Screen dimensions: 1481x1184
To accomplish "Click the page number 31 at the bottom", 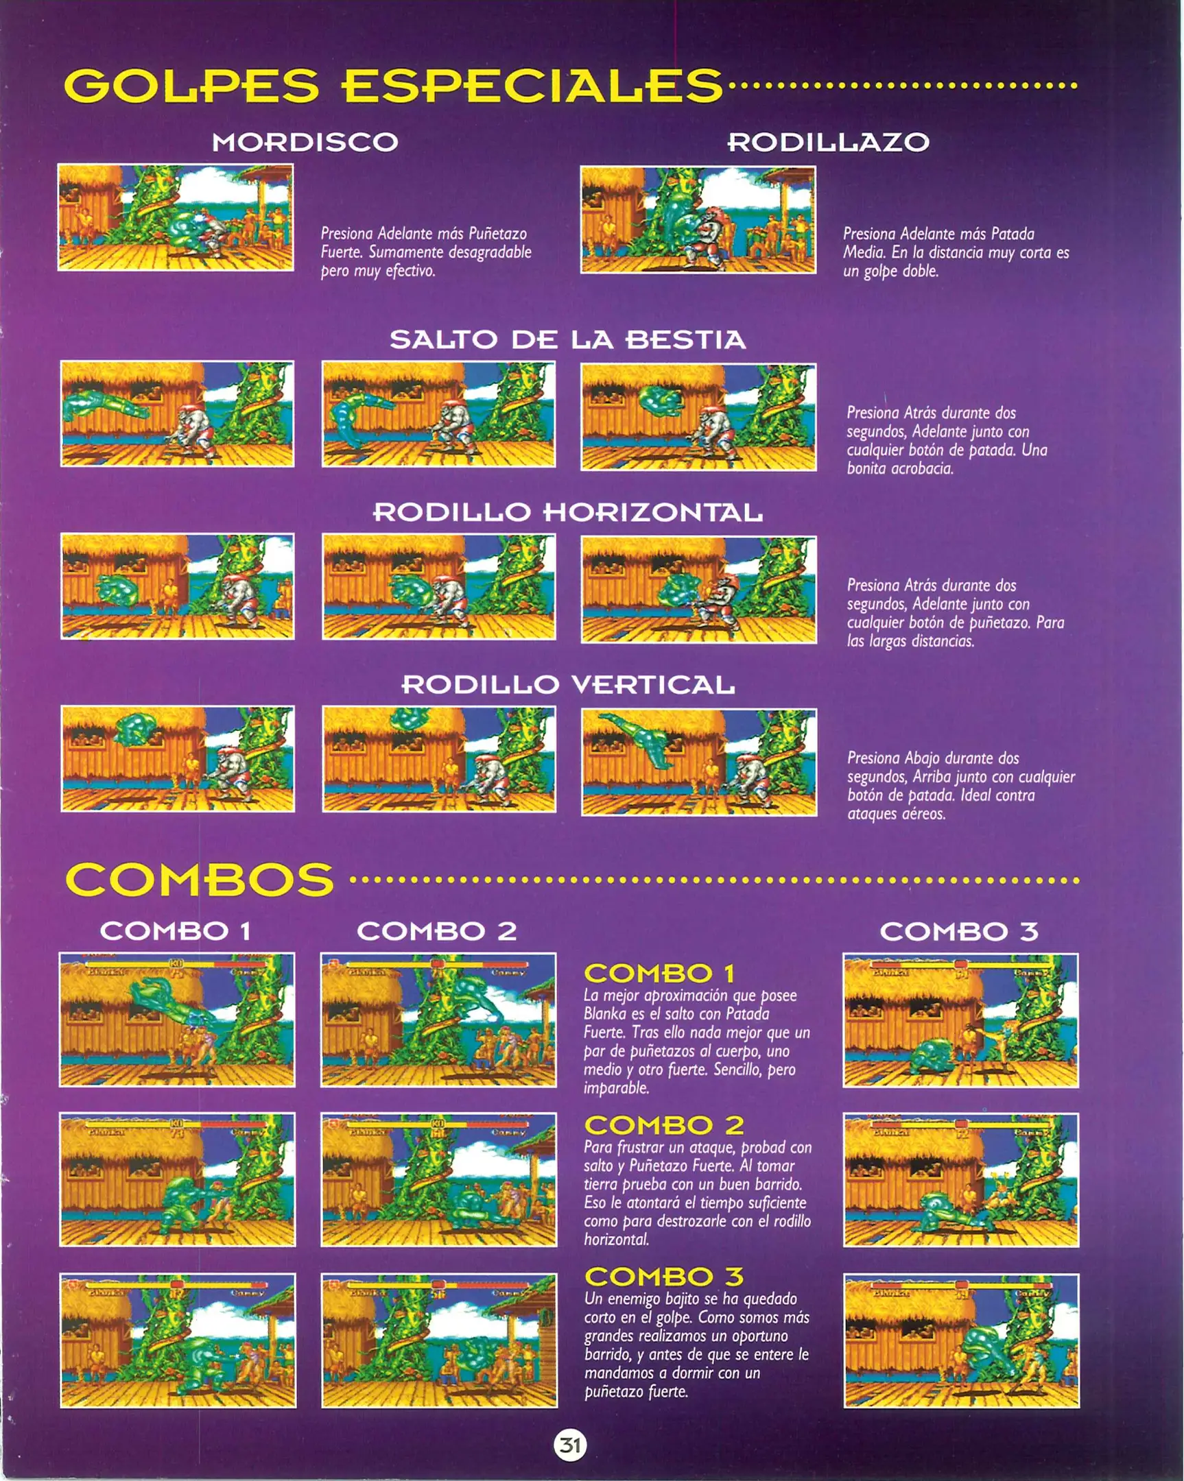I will [x=569, y=1444].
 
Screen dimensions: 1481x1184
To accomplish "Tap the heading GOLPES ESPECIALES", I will [x=394, y=85].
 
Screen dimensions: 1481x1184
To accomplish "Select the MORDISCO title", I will [x=305, y=142].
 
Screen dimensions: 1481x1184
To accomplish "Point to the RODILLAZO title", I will [x=828, y=142].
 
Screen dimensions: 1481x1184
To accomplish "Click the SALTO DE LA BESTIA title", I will [x=567, y=339].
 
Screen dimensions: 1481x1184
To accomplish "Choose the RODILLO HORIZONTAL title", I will [x=567, y=511].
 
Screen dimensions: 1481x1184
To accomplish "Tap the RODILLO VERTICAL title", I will [x=567, y=684].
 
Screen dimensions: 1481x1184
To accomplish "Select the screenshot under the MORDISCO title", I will [x=176, y=217].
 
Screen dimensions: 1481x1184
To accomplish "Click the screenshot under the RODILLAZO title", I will [x=698, y=220].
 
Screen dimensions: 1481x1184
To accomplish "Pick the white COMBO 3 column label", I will [x=958, y=932].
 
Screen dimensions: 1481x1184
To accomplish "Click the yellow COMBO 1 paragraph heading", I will [x=659, y=974].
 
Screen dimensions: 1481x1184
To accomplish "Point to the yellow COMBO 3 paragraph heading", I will [x=664, y=1277].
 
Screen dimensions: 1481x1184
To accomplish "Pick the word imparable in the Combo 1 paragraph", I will [x=617, y=1088].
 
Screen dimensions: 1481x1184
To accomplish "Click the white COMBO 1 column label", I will [x=175, y=932].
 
